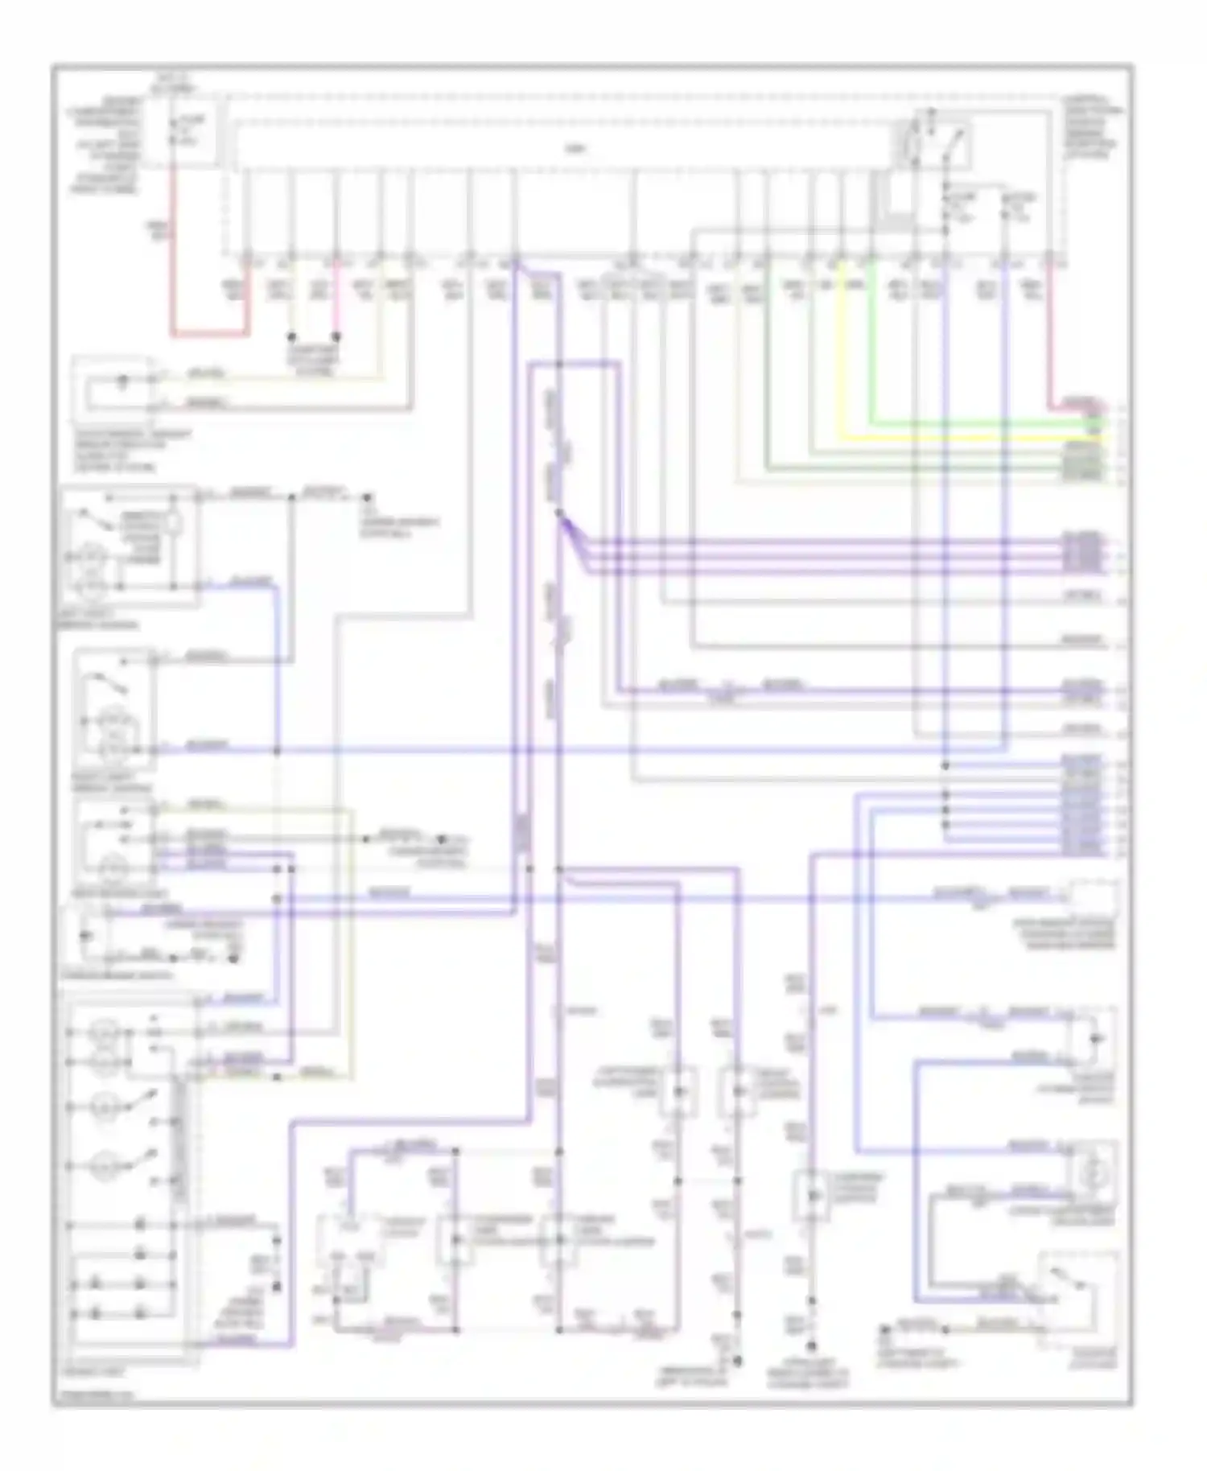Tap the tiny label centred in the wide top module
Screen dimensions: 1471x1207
pos(572,150)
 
